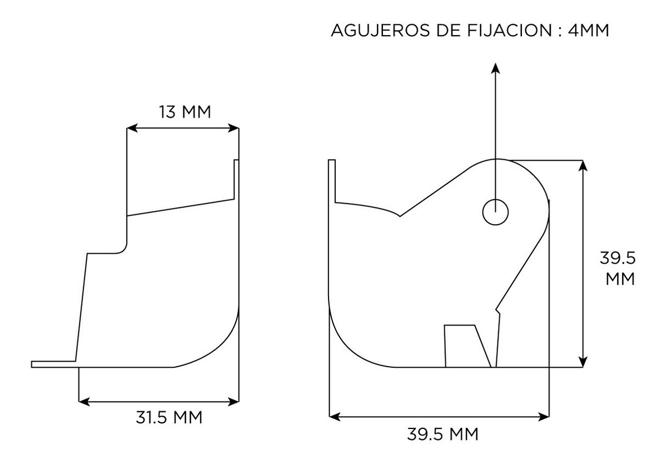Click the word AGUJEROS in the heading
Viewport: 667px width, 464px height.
click(381, 31)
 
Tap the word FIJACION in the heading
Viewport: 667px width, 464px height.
click(510, 31)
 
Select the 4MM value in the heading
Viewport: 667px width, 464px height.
click(589, 31)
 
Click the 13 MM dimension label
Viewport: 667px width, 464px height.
click(185, 112)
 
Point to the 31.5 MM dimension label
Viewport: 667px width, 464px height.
click(169, 417)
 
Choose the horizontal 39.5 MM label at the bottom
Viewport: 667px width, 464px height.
click(442, 434)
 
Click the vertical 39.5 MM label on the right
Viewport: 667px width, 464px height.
click(618, 269)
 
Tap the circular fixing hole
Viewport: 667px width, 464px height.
click(495, 212)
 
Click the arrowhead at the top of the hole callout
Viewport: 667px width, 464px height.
click(495, 68)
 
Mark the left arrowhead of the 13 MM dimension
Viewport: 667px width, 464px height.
click(132, 128)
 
